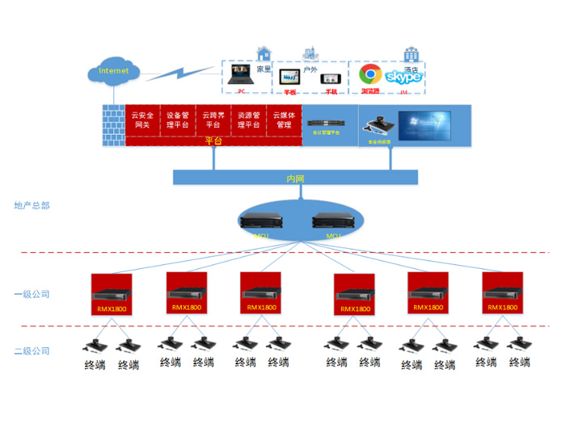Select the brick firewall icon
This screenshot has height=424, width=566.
[114, 125]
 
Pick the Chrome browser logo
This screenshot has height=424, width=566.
[370, 75]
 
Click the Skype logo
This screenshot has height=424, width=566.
[403, 77]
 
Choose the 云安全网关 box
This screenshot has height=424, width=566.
[142, 120]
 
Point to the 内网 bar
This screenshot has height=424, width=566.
[295, 178]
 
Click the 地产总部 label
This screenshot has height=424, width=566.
[32, 206]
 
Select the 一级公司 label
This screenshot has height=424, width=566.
[32, 294]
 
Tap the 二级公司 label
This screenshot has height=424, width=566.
[32, 351]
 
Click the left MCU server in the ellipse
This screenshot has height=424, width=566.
[263, 221]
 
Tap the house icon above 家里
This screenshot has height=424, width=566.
[263, 53]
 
